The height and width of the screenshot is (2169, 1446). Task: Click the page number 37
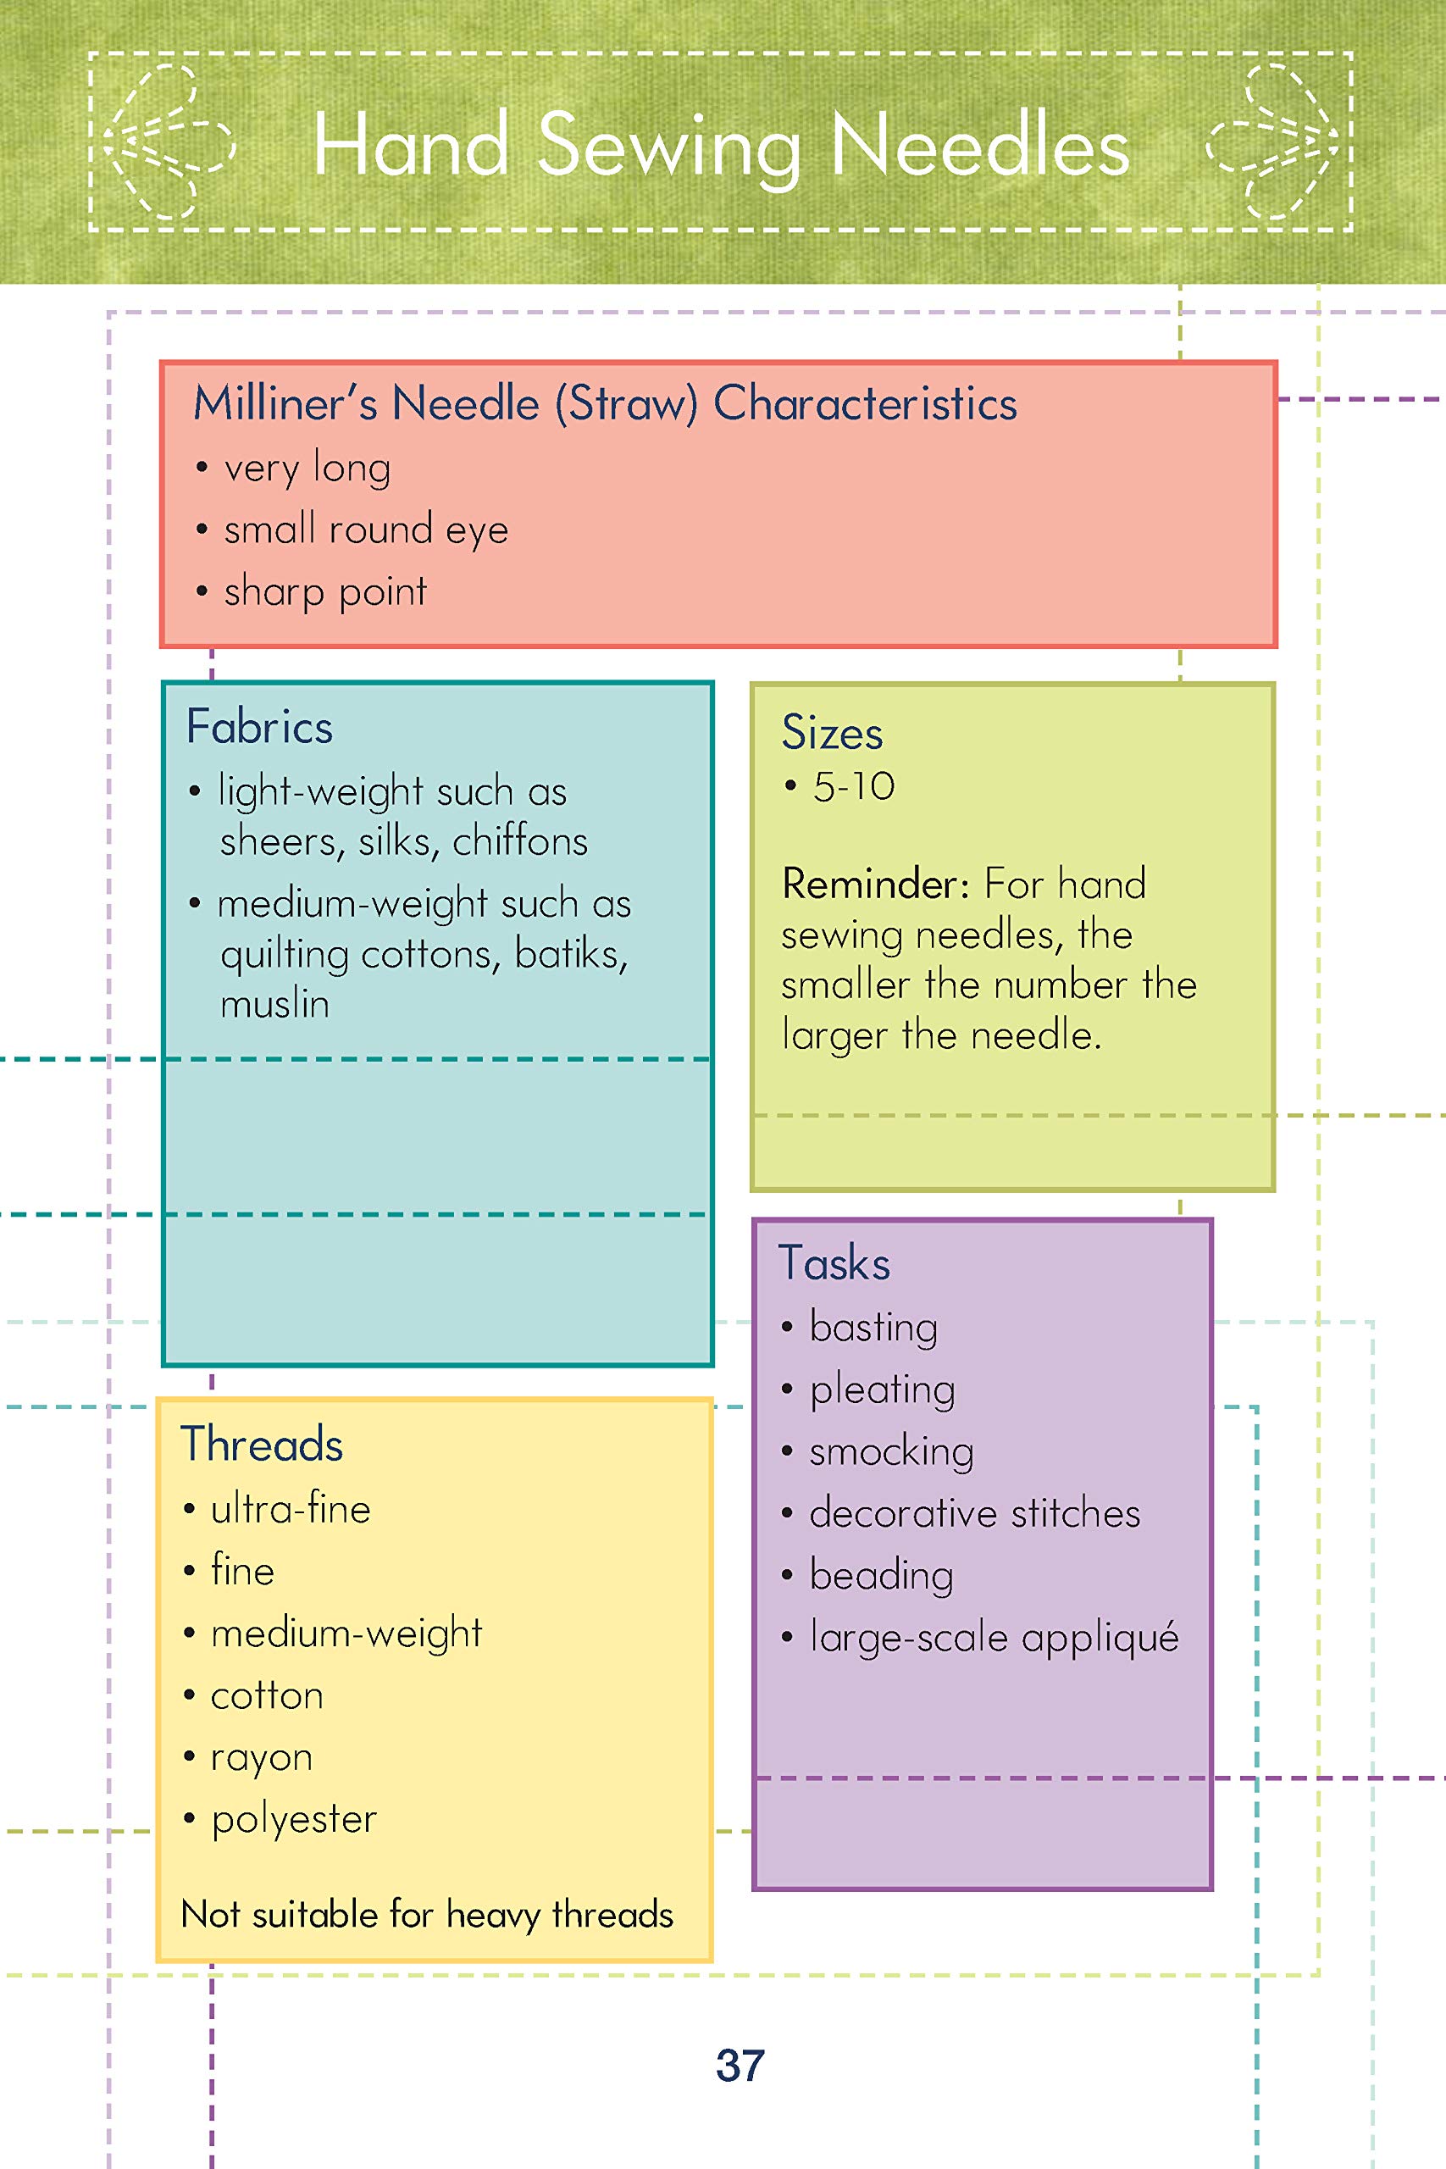pyautogui.click(x=740, y=2065)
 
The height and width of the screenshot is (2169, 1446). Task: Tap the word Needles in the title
pyautogui.click(x=980, y=146)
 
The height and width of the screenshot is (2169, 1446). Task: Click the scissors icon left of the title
pyautogui.click(x=167, y=143)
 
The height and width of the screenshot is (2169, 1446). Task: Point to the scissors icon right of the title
pyautogui.click(x=1277, y=143)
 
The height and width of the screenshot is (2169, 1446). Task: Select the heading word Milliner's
pyautogui.click(x=285, y=404)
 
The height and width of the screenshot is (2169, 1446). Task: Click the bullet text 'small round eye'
pyautogui.click(x=365, y=530)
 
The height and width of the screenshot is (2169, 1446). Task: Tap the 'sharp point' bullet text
pyautogui.click(x=324, y=592)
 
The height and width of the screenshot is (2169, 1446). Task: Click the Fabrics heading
pyautogui.click(x=259, y=727)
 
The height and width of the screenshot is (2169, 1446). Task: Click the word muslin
pyautogui.click(x=274, y=1003)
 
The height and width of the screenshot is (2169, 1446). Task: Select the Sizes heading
pyautogui.click(x=832, y=733)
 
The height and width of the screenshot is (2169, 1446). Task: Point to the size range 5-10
pyautogui.click(x=853, y=786)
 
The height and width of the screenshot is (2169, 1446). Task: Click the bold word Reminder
pyautogui.click(x=874, y=885)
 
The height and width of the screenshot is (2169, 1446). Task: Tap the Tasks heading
pyautogui.click(x=834, y=1263)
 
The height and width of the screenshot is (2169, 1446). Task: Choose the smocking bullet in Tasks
pyautogui.click(x=891, y=1451)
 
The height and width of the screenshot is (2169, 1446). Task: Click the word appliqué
pyautogui.click(x=1100, y=1639)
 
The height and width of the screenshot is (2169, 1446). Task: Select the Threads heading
pyautogui.click(x=262, y=1444)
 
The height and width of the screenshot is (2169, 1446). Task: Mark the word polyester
pyautogui.click(x=294, y=1819)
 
